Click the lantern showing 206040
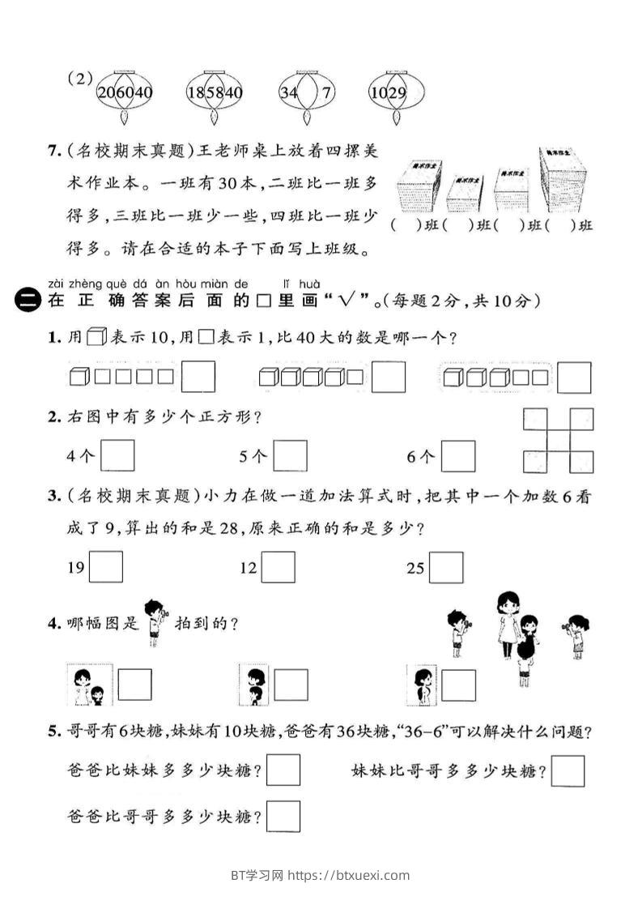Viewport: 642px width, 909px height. pyautogui.click(x=125, y=92)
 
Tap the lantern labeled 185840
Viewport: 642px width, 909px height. pyautogui.click(x=215, y=92)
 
